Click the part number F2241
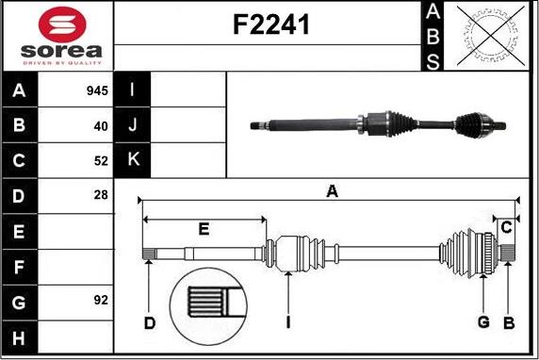(x=270, y=27)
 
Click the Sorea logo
(x=57, y=37)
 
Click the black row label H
(x=20, y=335)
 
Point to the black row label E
(x=20, y=231)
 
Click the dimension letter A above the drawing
(x=332, y=192)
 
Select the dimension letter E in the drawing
(x=203, y=229)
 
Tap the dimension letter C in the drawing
(x=506, y=227)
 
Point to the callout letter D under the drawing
(x=150, y=324)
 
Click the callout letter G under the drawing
(x=483, y=323)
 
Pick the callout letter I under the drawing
(x=287, y=324)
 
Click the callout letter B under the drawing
(x=509, y=323)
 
